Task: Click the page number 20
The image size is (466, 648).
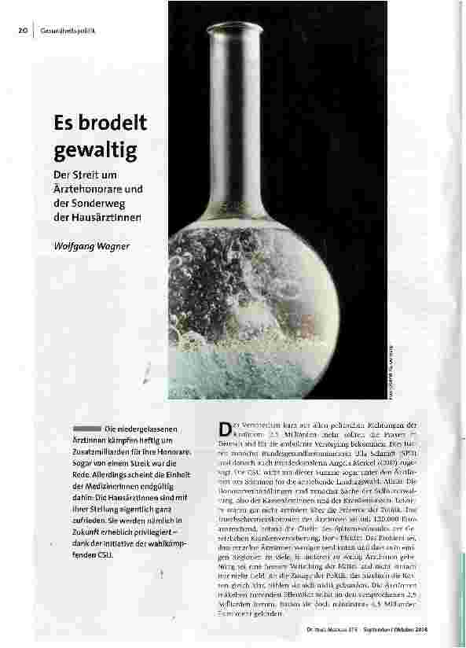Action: pos(22,31)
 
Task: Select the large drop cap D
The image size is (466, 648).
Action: pos(223,429)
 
